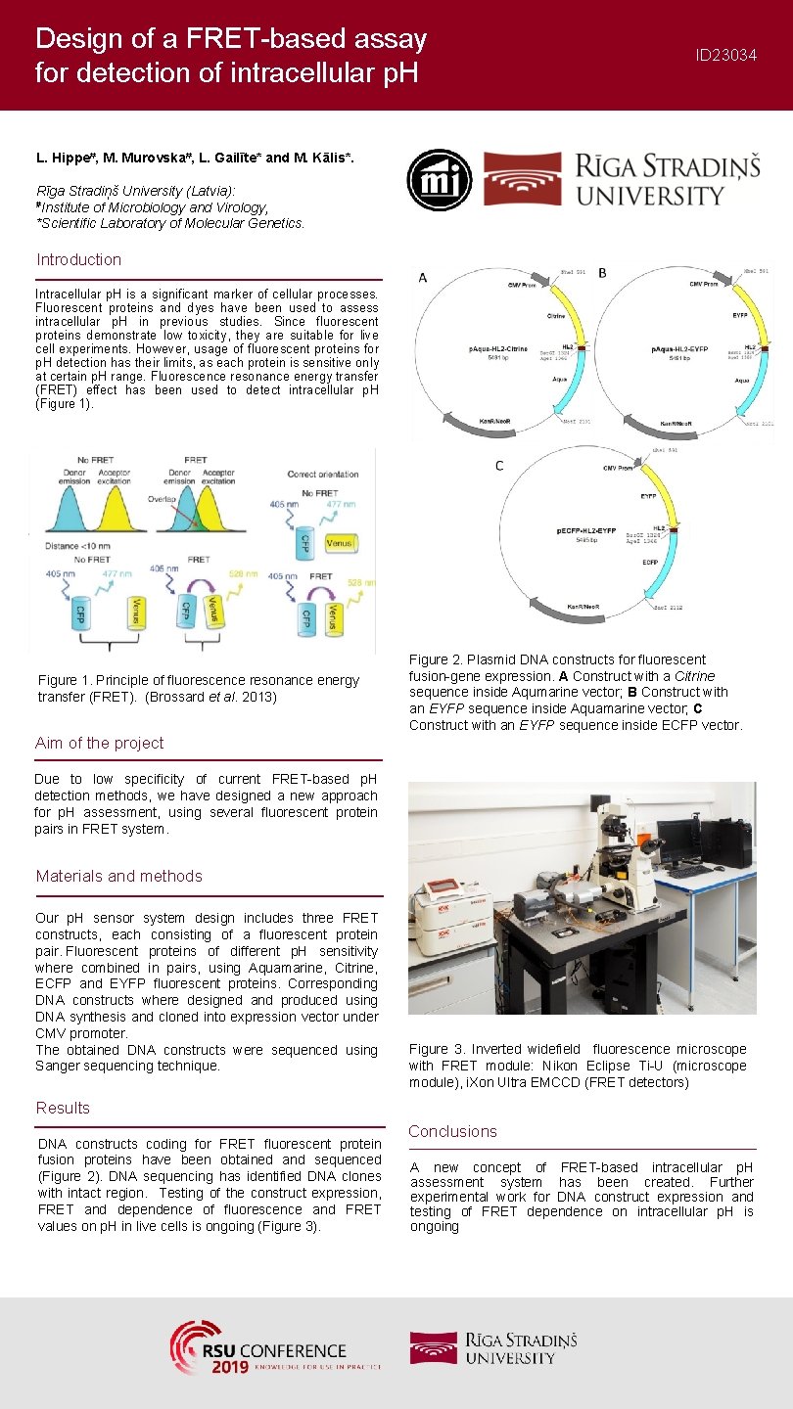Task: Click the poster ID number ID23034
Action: [725, 56]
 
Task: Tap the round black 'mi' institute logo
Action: [440, 180]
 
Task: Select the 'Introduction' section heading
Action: [78, 259]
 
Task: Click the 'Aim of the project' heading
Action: [99, 743]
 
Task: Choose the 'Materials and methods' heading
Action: [118, 876]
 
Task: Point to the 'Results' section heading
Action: [63, 1108]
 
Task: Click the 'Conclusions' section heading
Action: [452, 1131]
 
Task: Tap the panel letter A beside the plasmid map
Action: [423, 278]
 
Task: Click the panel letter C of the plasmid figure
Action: [499, 466]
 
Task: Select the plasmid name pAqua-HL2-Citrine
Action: [497, 348]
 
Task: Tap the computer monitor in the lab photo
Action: [678, 839]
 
